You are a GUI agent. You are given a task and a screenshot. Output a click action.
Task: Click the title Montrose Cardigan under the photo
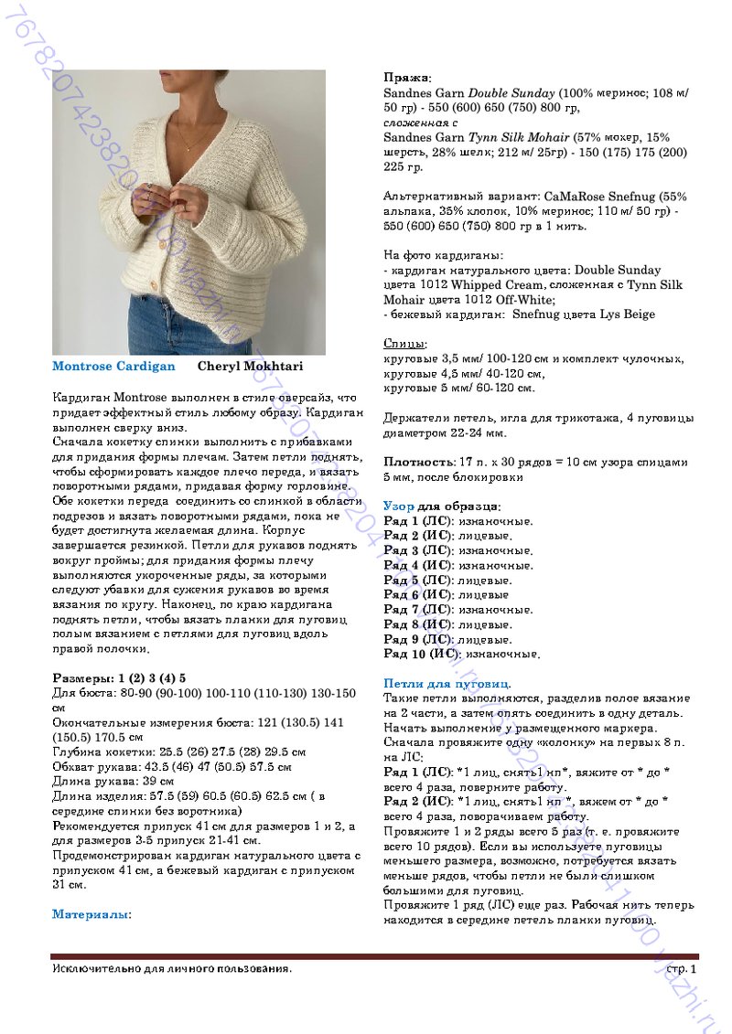[x=113, y=367]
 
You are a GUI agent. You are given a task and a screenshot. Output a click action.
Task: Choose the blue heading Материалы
[x=91, y=914]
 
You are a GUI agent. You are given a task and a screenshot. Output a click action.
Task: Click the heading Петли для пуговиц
[x=447, y=684]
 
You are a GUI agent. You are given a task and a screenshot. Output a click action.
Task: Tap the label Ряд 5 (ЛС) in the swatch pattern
[x=417, y=581]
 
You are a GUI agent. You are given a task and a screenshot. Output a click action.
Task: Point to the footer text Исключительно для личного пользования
[x=173, y=968]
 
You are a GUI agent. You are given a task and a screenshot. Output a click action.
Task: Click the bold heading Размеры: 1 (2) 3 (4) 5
[x=119, y=678]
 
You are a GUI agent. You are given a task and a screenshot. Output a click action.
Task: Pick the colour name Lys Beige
[x=627, y=314]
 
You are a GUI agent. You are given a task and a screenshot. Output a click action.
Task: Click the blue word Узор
[x=399, y=506]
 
